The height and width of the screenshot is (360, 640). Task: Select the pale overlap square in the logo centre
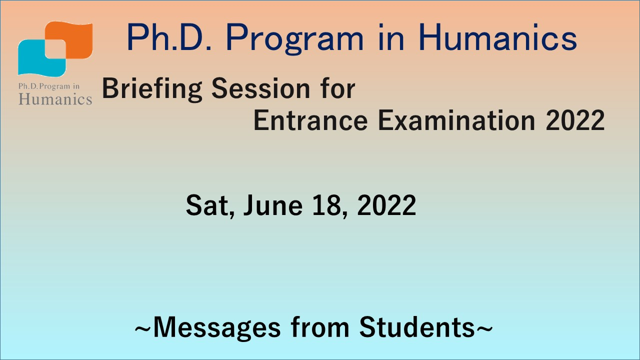point(55,49)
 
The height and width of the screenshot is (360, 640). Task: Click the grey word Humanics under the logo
point(55,99)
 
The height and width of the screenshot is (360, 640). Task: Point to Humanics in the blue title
point(497,37)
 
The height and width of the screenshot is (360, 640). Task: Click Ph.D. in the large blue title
point(169,37)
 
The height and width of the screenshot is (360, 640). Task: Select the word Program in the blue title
point(294,39)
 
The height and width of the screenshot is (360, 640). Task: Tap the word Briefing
point(152,89)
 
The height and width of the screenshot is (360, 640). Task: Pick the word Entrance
point(310,120)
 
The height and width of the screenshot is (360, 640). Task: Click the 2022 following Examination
point(575,120)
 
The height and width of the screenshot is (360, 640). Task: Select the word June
point(273,205)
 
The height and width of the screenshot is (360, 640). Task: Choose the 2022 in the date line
point(386,205)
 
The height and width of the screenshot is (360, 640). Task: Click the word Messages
point(217,328)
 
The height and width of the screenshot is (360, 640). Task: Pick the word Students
point(417,327)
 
